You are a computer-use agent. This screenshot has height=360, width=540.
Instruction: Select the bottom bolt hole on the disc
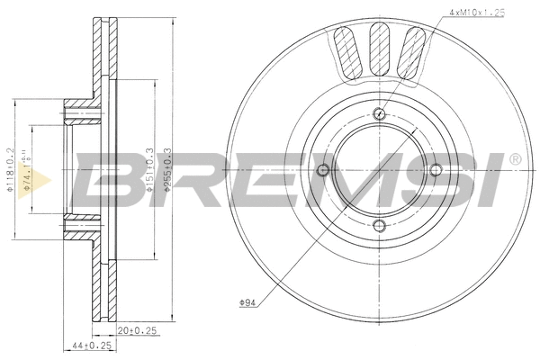click(x=379, y=225)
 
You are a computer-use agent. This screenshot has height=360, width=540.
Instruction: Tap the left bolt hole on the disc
click(x=324, y=169)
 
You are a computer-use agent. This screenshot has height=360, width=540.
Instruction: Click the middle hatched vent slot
click(x=379, y=49)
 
